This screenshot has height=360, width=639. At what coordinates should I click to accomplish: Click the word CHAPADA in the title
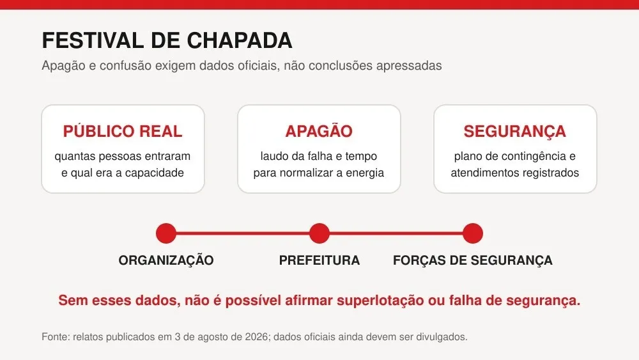coord(240,40)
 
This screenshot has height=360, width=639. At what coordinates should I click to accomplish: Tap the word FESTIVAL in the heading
coord(92,40)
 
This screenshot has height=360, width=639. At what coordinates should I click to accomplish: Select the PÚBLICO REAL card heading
coord(123,131)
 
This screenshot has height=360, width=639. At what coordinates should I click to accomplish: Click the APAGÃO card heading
coord(319,131)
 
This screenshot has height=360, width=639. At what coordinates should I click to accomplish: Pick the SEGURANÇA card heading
coord(514,132)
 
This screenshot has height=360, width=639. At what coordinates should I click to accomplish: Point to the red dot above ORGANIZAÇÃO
coord(166,233)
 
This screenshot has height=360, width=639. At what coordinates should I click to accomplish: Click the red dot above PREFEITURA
coord(319,233)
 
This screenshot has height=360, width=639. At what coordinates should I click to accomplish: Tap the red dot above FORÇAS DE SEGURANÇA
coord(473,233)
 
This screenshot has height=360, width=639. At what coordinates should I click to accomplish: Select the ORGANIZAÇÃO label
coord(166,260)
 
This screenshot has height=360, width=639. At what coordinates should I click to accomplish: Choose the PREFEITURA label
coord(319,260)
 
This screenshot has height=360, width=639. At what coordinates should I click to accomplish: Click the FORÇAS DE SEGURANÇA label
coord(473,260)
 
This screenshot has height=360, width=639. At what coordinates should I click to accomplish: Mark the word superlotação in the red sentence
coord(380,301)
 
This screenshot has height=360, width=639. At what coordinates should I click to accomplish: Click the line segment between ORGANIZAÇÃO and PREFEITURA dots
coord(242,233)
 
